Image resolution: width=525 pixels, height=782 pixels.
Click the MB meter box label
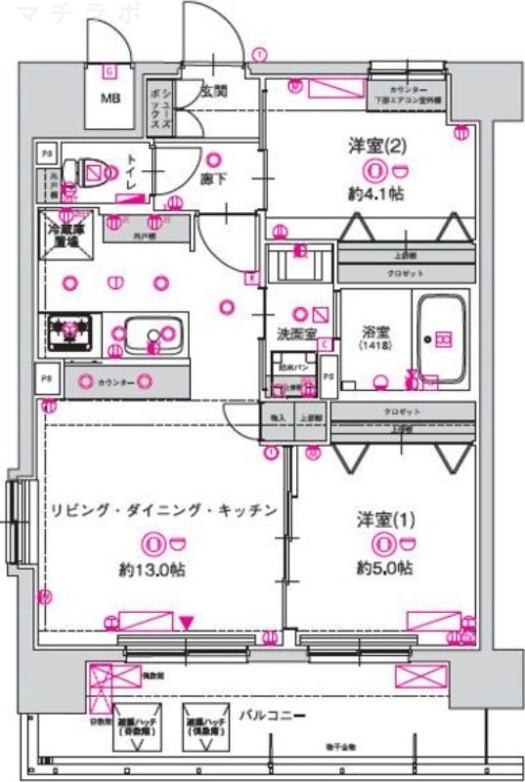(109, 98)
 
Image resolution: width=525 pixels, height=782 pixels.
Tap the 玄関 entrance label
(213, 91)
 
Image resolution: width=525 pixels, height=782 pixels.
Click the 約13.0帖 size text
(146, 568)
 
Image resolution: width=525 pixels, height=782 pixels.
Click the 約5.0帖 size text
(383, 568)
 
